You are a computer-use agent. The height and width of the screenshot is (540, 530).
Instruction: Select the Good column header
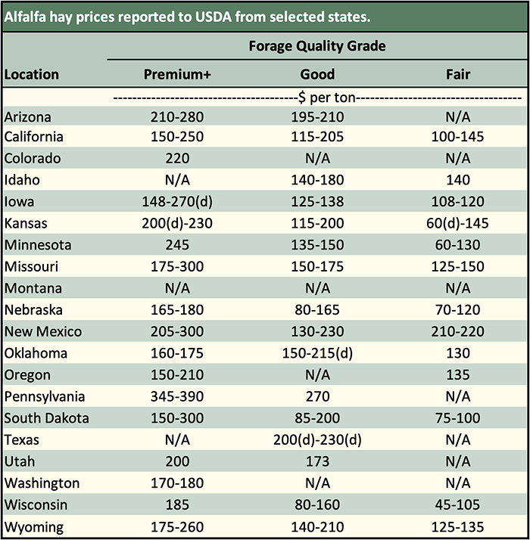[x=316, y=75]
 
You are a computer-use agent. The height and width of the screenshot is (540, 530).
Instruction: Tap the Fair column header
[x=458, y=75]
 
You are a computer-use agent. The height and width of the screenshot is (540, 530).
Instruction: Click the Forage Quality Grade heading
[x=317, y=47]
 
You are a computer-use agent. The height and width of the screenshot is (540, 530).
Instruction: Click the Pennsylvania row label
[x=45, y=396]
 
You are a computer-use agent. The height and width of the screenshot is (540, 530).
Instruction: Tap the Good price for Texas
[x=316, y=439]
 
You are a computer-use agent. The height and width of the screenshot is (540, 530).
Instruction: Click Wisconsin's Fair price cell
[x=458, y=504]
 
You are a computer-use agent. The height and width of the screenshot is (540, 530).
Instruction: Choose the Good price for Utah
[x=316, y=461]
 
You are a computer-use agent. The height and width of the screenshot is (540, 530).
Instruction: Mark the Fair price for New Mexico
[x=458, y=332]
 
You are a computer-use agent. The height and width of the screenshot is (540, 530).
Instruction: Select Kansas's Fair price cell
[x=458, y=224]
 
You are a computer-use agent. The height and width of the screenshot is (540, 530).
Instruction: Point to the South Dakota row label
[x=46, y=418]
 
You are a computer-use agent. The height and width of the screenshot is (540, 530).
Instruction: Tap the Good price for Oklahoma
[x=316, y=353]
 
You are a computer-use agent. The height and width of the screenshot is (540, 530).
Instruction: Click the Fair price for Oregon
[x=458, y=375]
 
